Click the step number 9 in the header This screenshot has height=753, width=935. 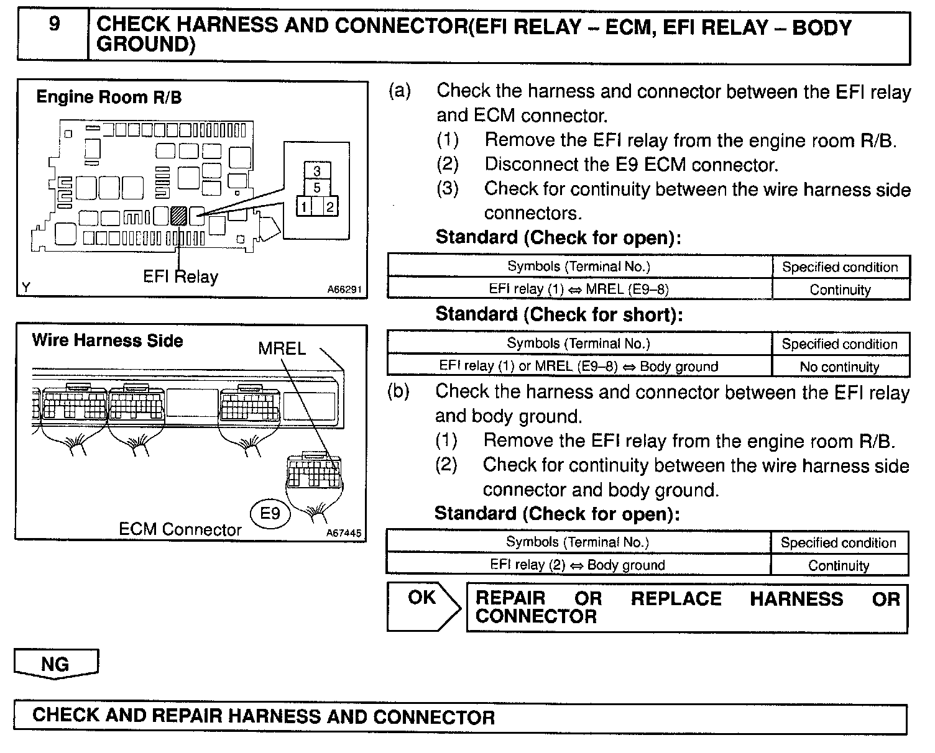click(54, 25)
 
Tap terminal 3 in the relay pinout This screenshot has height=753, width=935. click(317, 171)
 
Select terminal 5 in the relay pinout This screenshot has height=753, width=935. click(317, 188)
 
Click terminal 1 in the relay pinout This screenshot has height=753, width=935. click(303, 207)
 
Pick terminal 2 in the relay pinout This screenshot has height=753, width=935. click(329, 207)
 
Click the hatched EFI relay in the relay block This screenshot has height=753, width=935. click(179, 216)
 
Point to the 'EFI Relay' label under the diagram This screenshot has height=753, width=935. click(180, 276)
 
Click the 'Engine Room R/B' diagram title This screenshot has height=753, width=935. click(109, 98)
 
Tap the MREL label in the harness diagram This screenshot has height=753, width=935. click(282, 349)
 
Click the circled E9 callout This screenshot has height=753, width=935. click(270, 514)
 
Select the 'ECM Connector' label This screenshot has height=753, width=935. click(180, 530)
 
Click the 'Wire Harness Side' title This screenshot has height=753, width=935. click(108, 341)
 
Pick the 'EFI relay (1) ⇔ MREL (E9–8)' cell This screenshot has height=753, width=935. click(579, 289)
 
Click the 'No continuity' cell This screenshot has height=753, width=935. click(839, 367)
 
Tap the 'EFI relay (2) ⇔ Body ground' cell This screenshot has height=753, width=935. click(578, 565)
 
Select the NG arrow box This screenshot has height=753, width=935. click(56, 664)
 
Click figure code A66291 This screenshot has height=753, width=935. click(344, 290)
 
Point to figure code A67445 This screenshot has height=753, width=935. click(343, 533)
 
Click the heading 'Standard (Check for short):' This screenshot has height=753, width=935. click(559, 314)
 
